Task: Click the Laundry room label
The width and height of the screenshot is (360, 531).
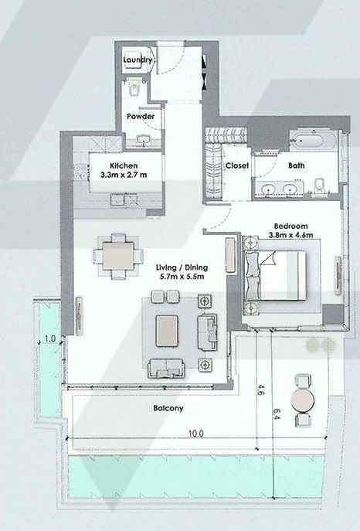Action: (x=138, y=60)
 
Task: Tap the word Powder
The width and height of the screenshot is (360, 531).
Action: (x=141, y=116)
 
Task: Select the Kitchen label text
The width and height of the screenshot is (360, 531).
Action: (x=124, y=165)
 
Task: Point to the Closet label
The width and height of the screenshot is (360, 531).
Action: (x=237, y=165)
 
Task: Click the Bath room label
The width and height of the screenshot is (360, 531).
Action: (x=297, y=165)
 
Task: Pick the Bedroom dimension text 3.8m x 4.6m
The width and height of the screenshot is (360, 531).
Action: (x=291, y=235)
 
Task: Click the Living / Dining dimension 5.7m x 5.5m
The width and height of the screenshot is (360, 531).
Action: (x=182, y=277)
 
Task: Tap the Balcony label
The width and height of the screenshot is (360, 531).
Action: (x=168, y=408)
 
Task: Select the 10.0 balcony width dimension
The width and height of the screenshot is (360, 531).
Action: (x=196, y=434)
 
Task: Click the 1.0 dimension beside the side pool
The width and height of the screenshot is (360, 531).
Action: (x=50, y=339)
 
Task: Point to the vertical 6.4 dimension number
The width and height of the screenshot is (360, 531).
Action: (x=276, y=414)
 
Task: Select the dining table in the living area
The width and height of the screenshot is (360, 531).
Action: (x=118, y=256)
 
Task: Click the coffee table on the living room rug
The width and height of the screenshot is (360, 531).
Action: (x=167, y=331)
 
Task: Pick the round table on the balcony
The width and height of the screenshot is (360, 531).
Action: (x=303, y=400)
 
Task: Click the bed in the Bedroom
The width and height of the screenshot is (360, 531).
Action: (x=274, y=275)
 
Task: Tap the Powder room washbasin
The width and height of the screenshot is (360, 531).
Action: (x=144, y=140)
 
